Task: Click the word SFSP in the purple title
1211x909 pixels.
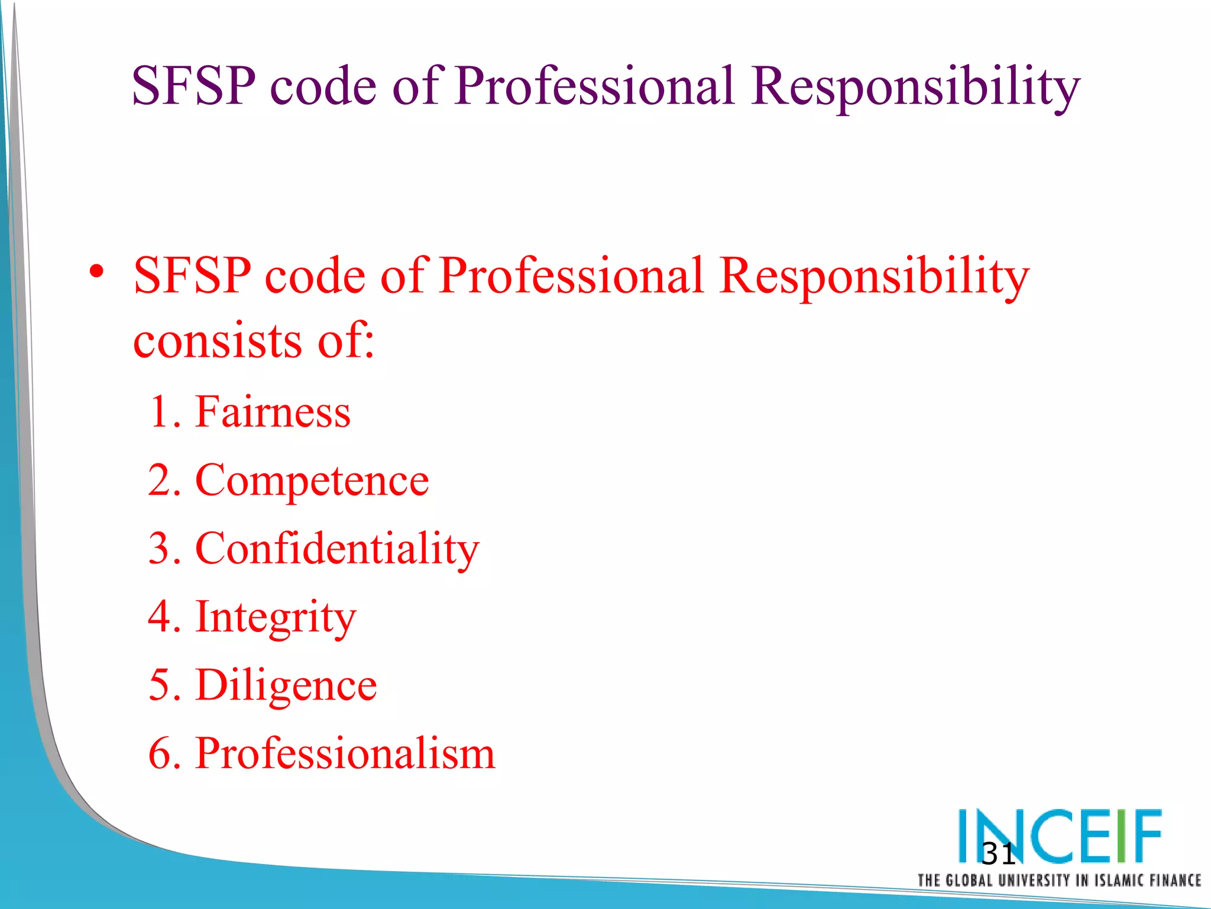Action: [194, 86]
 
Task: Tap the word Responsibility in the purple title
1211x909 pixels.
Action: [915, 88]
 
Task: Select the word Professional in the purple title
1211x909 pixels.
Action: [594, 86]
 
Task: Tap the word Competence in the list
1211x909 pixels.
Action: [312, 480]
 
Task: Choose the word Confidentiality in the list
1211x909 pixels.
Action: [336, 549]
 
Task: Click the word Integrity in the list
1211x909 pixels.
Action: [276, 617]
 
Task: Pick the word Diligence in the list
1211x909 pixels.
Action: [286, 685]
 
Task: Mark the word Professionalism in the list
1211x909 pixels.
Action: [345, 753]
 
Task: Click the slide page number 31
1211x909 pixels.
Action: [998, 854]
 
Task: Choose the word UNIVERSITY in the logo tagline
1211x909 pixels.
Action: [1034, 880]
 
